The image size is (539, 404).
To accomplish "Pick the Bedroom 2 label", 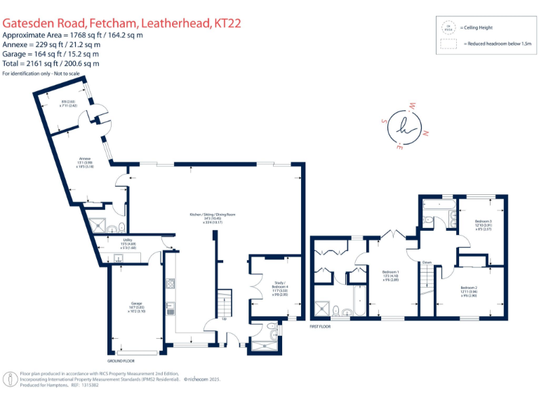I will (469, 290).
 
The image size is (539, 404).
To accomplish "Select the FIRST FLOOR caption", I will (320, 326).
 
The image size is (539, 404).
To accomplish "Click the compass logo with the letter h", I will (408, 128).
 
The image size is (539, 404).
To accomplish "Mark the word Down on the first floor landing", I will (427, 262).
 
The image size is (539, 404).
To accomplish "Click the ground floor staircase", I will (223, 303).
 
